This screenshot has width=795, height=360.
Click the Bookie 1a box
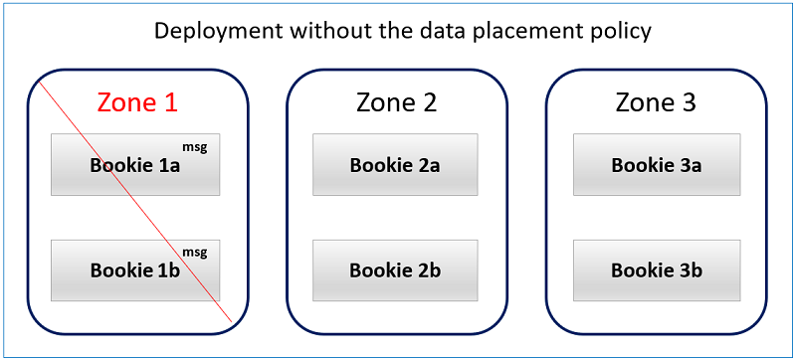click(x=134, y=165)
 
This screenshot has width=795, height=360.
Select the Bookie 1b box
click(x=134, y=270)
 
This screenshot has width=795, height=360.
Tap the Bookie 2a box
click(x=395, y=165)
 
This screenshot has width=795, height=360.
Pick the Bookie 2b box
click(x=395, y=270)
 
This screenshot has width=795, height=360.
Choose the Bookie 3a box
click(x=656, y=165)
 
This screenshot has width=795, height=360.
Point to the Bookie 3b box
click(x=656, y=270)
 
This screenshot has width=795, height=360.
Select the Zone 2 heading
click(x=396, y=102)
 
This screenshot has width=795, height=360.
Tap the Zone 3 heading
click(x=656, y=102)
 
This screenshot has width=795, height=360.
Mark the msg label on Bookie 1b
click(x=196, y=252)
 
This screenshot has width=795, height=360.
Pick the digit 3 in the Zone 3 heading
click(x=689, y=102)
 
